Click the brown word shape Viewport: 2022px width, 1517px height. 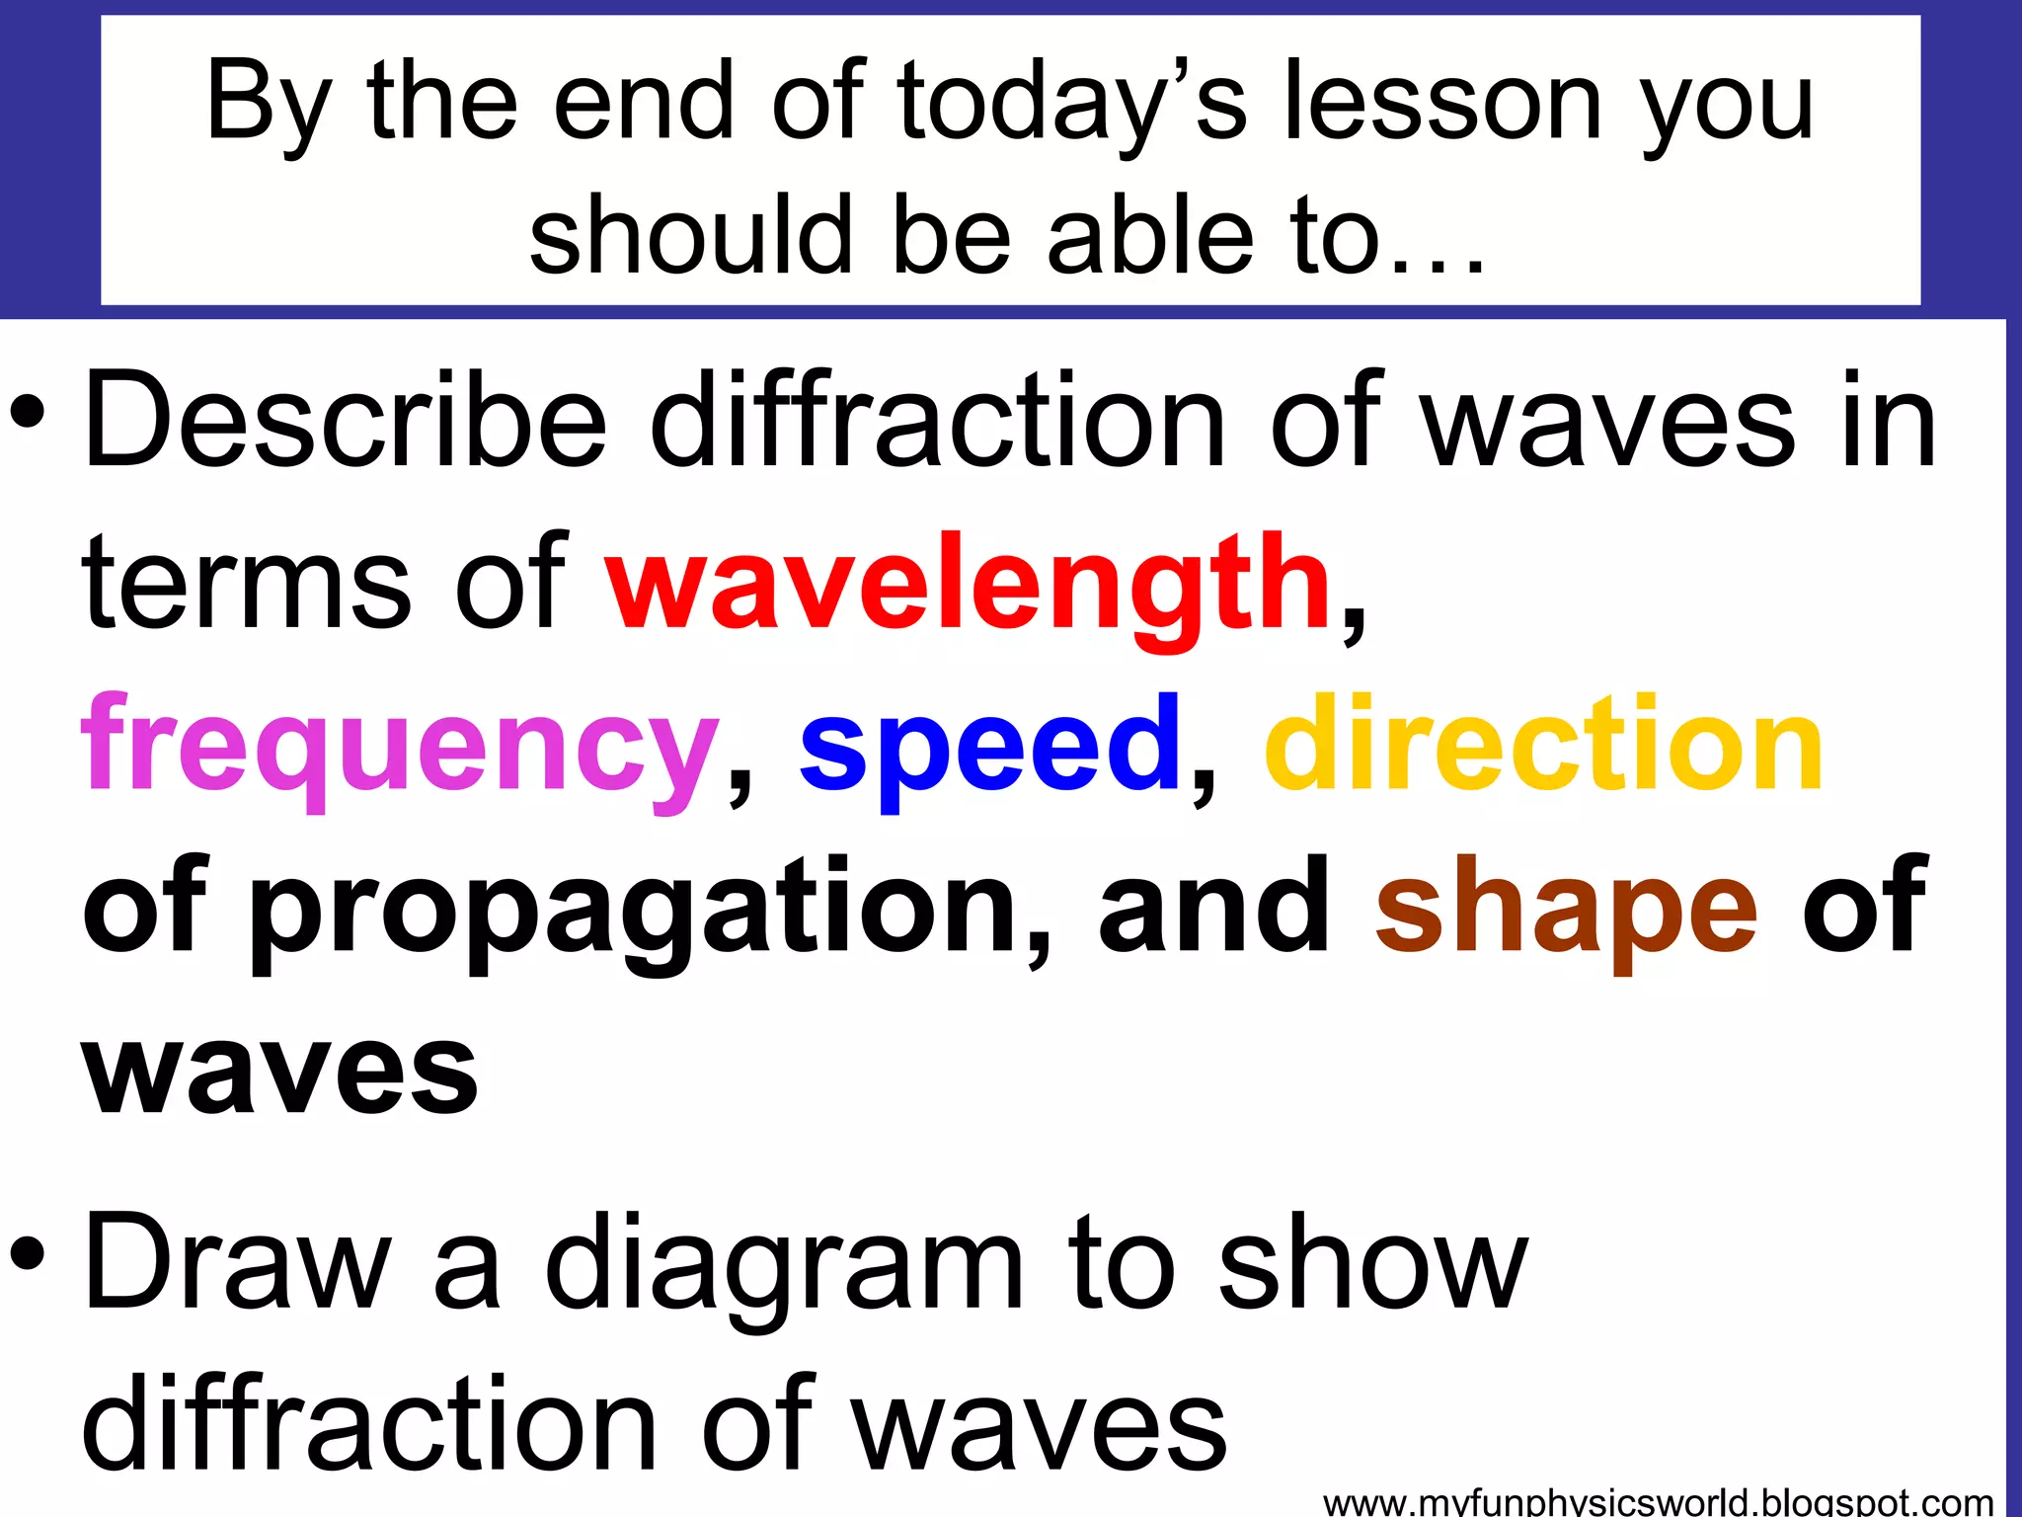(x=1567, y=909)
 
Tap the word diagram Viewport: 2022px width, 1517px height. (x=785, y=1269)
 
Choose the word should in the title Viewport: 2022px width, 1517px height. (x=691, y=235)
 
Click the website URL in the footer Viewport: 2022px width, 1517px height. (x=1658, y=1502)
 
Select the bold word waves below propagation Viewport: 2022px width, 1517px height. (x=280, y=1072)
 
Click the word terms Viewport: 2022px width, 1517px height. (x=247, y=585)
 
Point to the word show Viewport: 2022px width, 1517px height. (x=1373, y=1264)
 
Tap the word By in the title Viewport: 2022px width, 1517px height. (x=267, y=104)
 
